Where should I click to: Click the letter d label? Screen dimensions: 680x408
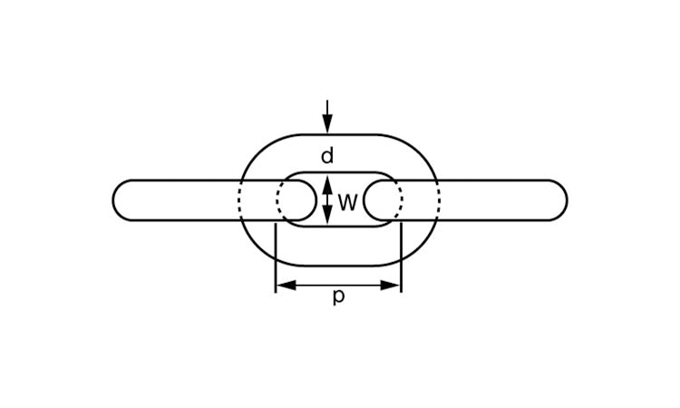click(327, 156)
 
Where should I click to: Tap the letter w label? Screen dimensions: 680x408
click(348, 202)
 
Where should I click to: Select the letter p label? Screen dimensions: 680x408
click(339, 297)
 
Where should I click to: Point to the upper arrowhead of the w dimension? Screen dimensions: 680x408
click(328, 184)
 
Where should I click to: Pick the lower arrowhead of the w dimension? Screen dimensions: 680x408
click(328, 214)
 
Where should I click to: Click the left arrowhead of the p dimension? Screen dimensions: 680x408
click(287, 286)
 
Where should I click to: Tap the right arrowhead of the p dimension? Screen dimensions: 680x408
click(390, 286)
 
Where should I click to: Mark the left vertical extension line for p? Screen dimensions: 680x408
click(276, 258)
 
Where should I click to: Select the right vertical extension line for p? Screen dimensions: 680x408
click(401, 258)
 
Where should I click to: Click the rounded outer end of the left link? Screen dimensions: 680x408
click(113, 200)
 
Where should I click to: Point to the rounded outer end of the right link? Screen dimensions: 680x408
click(567, 200)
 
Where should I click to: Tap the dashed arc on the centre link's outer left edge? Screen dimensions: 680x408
click(239, 200)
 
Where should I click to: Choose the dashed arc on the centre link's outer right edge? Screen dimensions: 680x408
click(439, 200)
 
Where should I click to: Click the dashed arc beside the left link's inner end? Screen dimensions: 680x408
click(278, 200)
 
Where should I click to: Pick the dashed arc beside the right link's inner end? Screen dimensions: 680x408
click(401, 200)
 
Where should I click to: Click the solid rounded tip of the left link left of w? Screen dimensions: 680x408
click(316, 200)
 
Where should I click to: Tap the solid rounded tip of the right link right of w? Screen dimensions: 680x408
click(364, 200)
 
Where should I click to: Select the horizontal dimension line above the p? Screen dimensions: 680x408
click(338, 286)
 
